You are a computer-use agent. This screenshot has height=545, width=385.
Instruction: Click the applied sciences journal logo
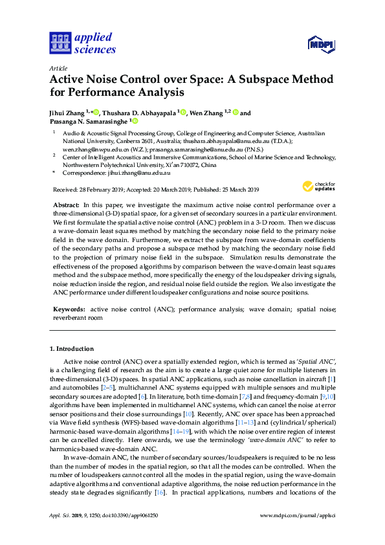82,43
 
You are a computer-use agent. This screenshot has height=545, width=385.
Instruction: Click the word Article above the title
58,68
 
